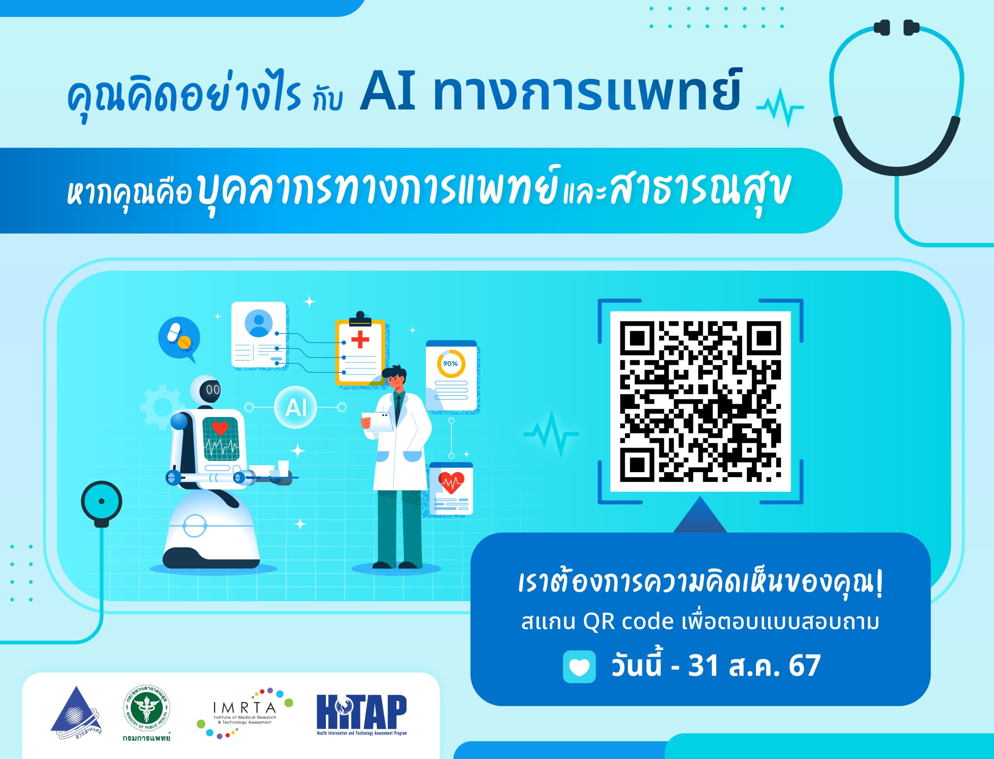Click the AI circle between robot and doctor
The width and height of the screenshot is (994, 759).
pos(296,408)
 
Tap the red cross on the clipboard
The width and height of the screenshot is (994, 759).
pos(360,339)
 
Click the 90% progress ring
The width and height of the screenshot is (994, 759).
pos(450,364)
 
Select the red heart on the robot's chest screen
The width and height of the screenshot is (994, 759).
pos(220,427)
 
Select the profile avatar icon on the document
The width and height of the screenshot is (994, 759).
pos(259,323)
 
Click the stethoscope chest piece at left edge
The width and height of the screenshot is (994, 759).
pos(102,502)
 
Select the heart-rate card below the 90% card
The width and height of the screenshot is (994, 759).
pos(451,488)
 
